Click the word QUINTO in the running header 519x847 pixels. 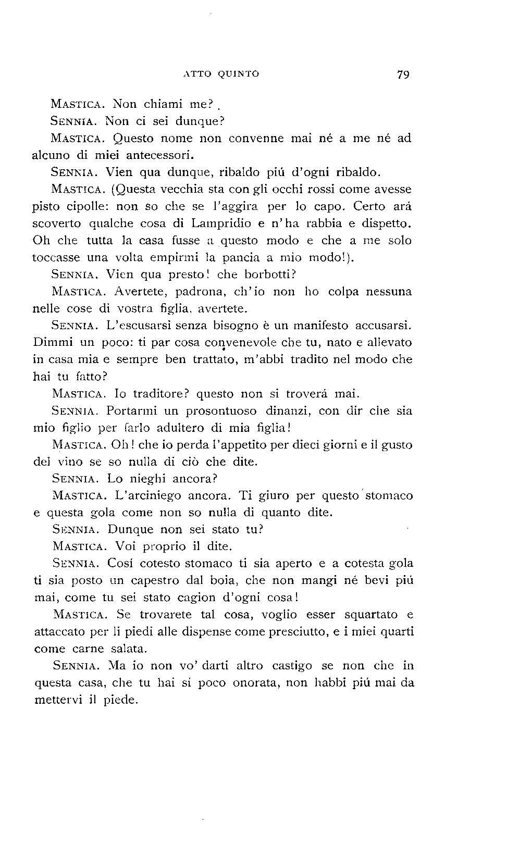pyautogui.click(x=238, y=74)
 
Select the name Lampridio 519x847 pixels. pyautogui.click(x=223, y=223)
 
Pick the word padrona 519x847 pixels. pyautogui.click(x=188, y=292)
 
